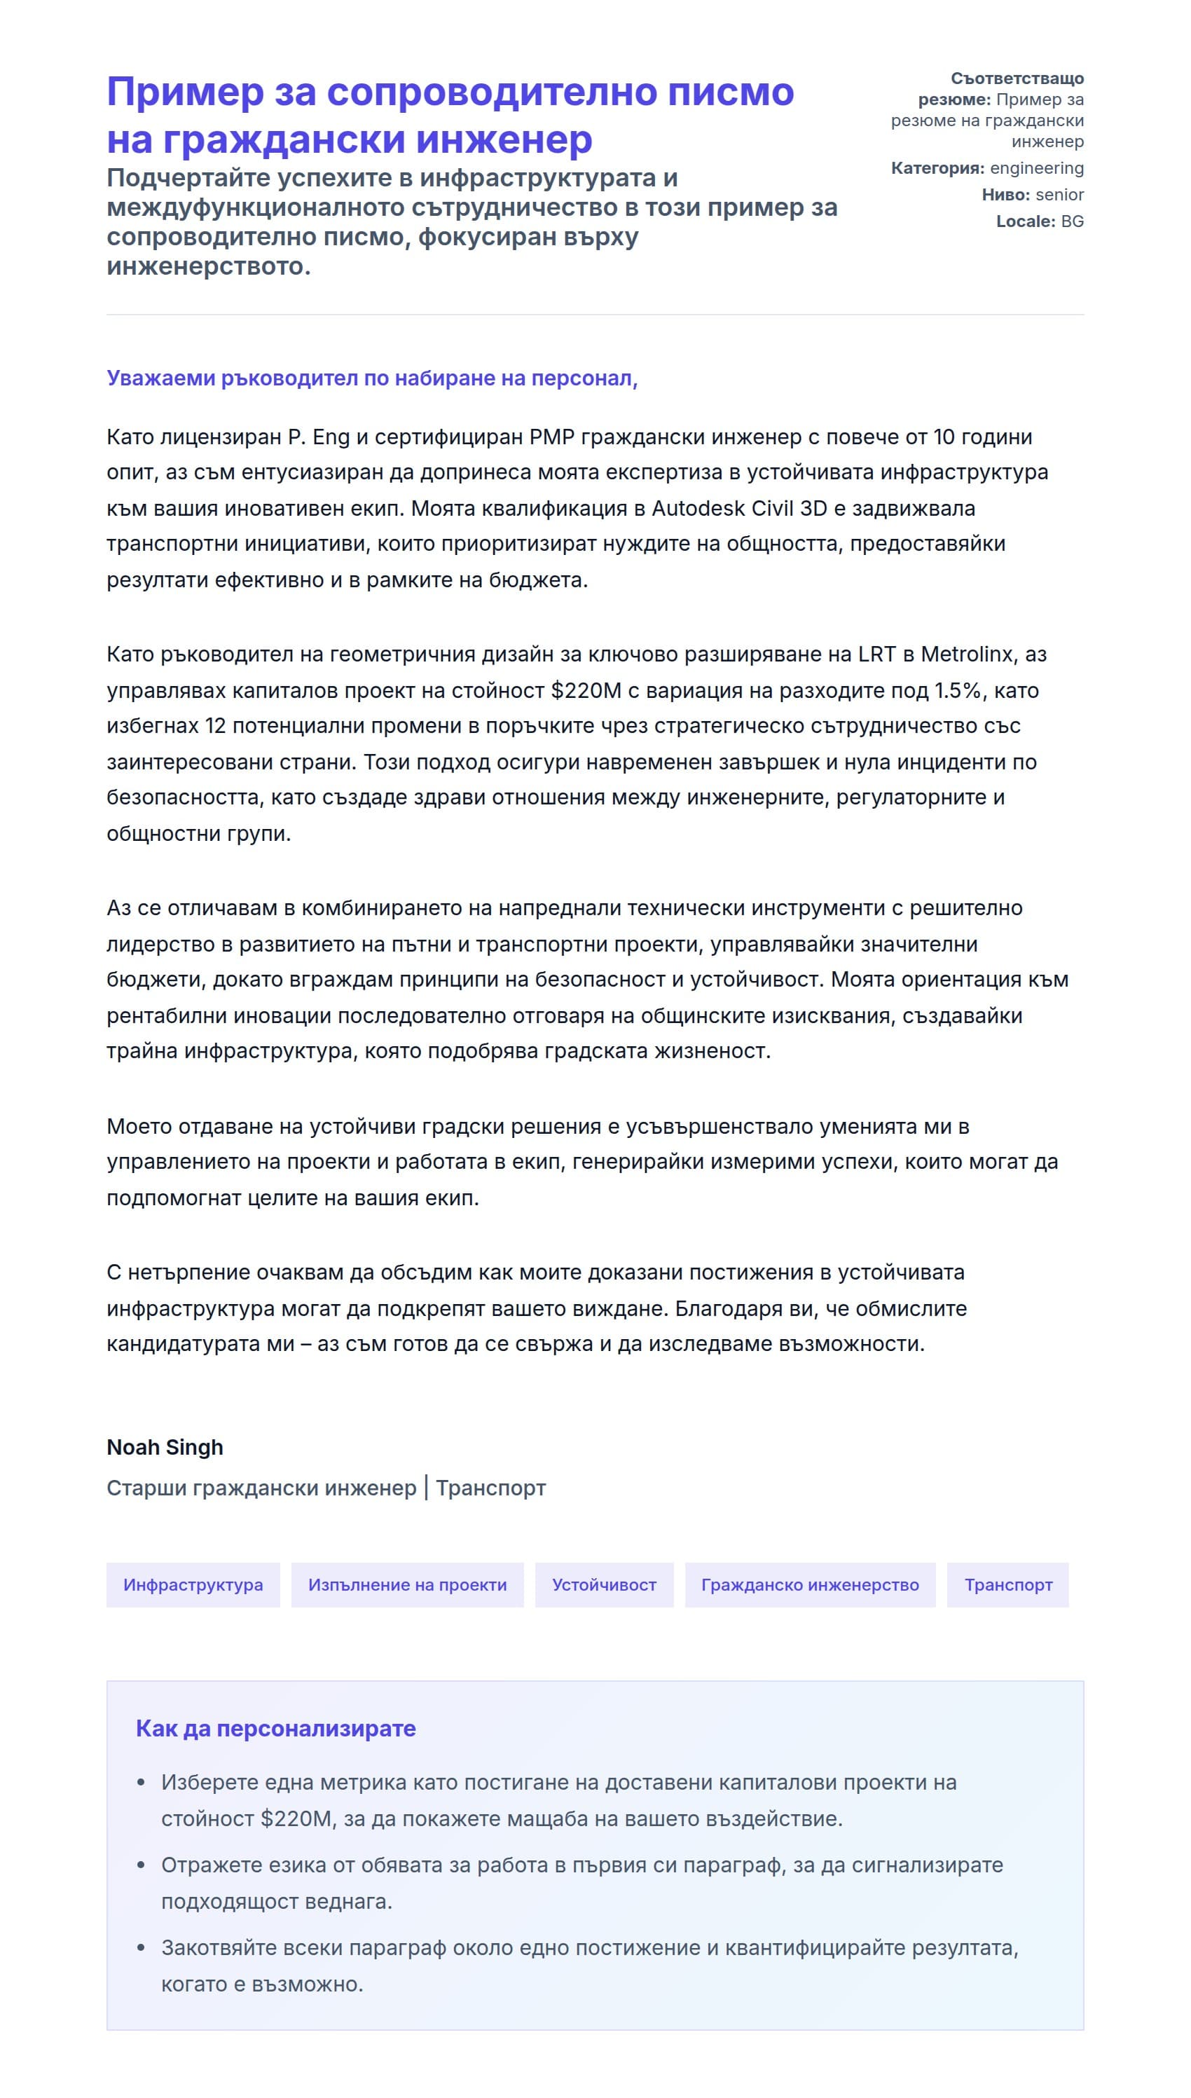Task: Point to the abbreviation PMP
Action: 552,437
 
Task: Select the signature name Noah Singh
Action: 165,1447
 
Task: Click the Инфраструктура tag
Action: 193,1584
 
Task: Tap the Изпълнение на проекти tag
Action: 407,1584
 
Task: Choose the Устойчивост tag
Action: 604,1584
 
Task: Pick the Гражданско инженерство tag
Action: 810,1584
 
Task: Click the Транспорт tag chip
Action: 1007,1584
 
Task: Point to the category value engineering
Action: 1036,167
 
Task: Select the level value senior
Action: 1059,195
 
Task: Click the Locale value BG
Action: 1072,221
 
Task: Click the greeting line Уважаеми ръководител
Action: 371,378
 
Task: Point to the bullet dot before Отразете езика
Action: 141,1866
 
